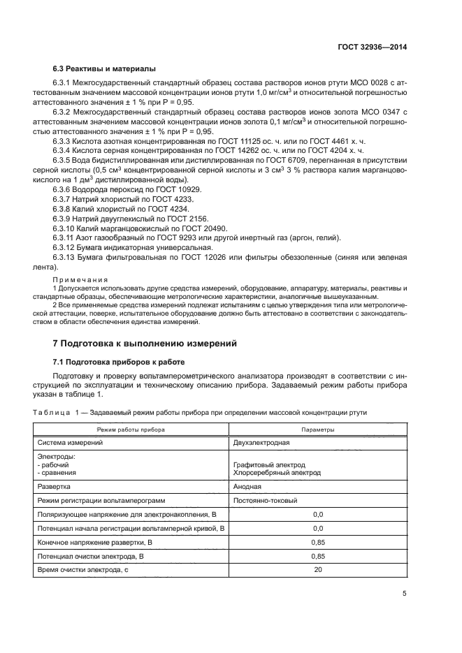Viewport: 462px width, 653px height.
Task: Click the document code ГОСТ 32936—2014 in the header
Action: [x=373, y=47]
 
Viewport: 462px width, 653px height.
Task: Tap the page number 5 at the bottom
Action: [x=405, y=593]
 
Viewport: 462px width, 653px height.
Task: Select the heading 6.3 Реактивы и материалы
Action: [x=104, y=68]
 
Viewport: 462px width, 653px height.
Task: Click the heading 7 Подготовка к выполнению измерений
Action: [x=145, y=344]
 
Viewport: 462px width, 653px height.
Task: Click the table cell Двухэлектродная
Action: [x=261, y=443]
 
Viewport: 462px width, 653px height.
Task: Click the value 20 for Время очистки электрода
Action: [x=318, y=570]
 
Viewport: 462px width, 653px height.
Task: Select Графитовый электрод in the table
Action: [x=269, y=464]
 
